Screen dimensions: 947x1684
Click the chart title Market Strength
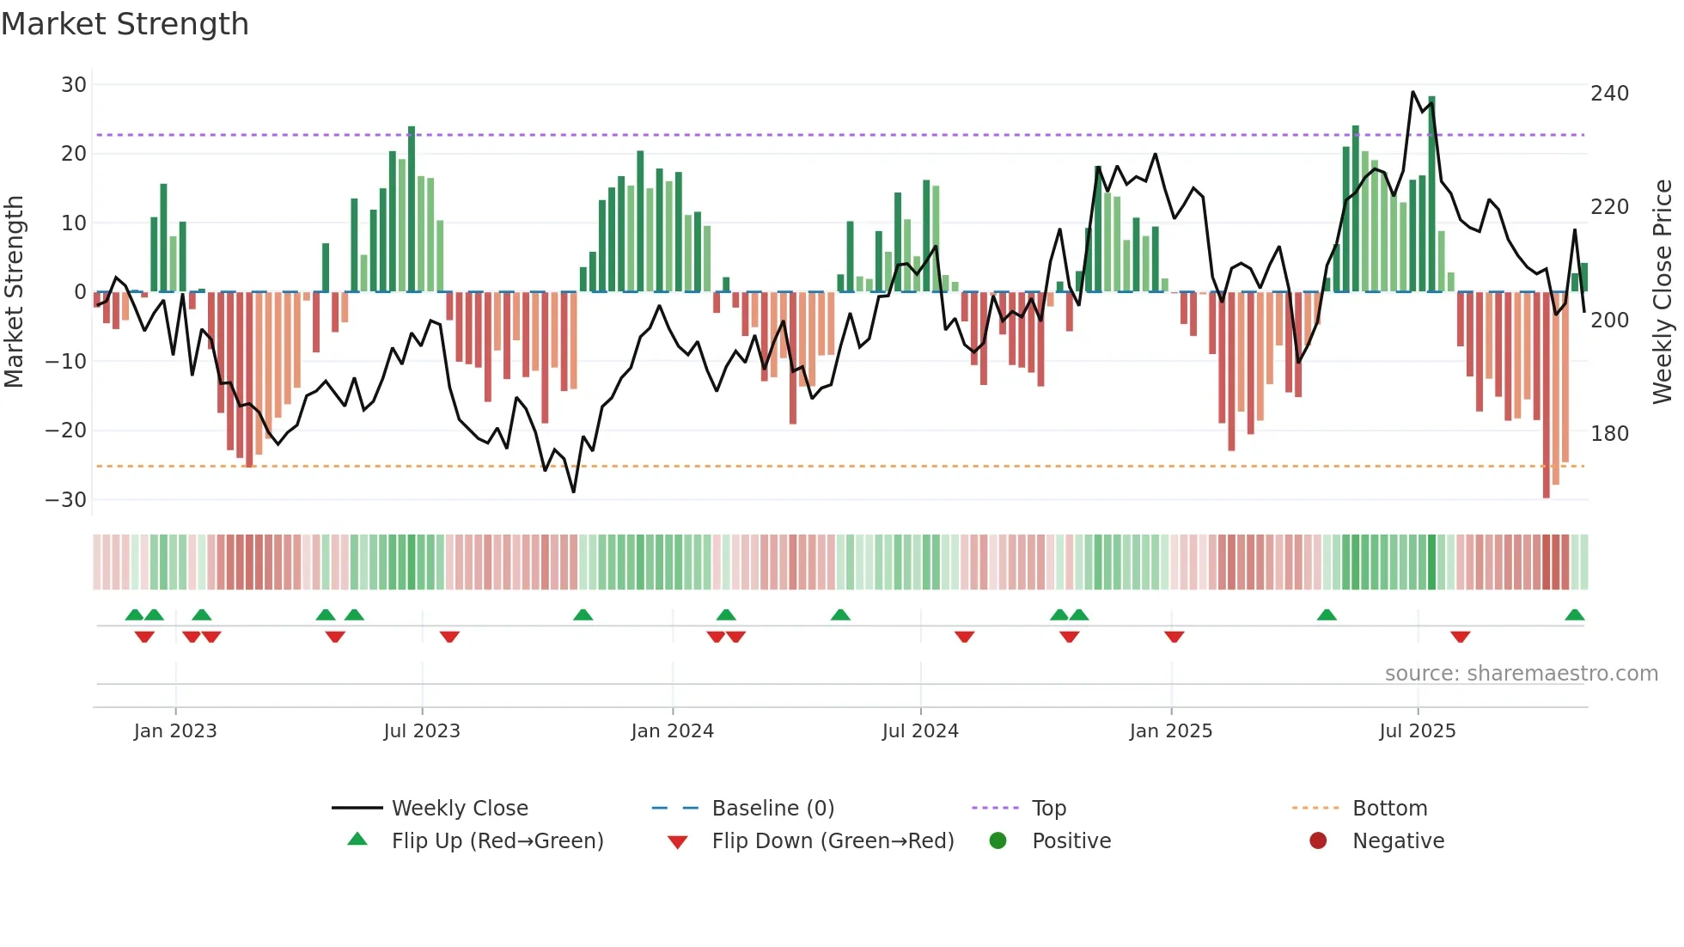125,24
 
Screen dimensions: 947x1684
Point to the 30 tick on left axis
74,85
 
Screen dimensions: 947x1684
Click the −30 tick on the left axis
66,500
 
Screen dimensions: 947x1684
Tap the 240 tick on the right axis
1609,94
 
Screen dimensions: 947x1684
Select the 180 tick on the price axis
1609,434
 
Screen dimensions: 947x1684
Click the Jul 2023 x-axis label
422,731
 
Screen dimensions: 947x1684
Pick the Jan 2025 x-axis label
1170,731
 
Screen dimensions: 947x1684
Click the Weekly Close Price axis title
1663,292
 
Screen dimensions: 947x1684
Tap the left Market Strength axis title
15,292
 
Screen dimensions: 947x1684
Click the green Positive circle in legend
998,841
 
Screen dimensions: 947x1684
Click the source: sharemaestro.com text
1521,674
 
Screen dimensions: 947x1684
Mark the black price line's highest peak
1412,92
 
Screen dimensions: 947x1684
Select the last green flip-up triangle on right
1574,615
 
